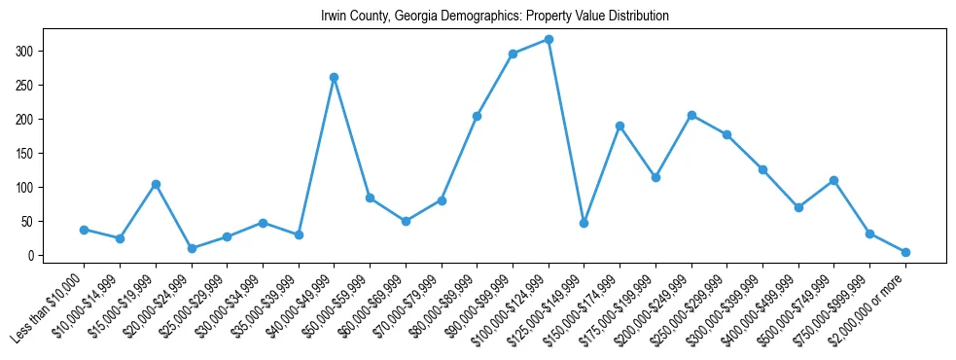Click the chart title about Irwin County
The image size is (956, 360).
(x=495, y=17)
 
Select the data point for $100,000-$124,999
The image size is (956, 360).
(x=549, y=39)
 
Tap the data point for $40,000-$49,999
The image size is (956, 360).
(x=334, y=77)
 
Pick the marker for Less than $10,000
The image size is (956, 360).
(x=84, y=230)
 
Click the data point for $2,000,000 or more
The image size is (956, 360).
(x=905, y=252)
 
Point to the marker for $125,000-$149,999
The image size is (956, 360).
(x=584, y=223)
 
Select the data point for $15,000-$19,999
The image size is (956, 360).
(x=156, y=184)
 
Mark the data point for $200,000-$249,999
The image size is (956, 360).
(x=691, y=115)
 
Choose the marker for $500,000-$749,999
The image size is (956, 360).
(x=834, y=180)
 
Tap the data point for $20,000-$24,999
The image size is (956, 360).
(x=192, y=248)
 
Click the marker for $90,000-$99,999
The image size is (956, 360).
(x=513, y=54)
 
